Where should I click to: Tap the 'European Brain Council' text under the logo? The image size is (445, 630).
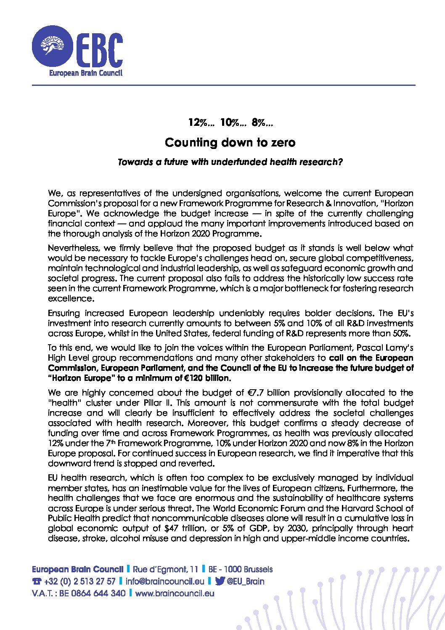tap(86, 73)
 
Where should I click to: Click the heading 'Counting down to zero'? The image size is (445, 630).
tap(230, 143)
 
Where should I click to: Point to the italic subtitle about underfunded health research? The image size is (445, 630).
tap(230, 162)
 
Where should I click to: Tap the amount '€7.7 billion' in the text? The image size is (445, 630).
tap(268, 393)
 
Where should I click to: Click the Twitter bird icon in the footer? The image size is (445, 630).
tap(220, 582)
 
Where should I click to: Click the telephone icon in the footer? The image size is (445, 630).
tap(37, 582)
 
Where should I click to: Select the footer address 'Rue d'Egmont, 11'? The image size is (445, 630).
tap(165, 569)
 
